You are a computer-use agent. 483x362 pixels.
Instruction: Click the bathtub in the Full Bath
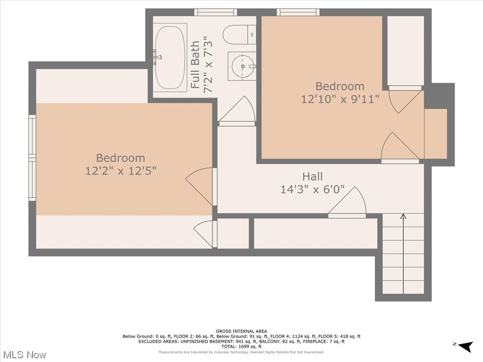coord(170,57)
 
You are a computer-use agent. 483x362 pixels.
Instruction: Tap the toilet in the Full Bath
coord(239,34)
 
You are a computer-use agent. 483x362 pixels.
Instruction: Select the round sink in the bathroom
coord(242,67)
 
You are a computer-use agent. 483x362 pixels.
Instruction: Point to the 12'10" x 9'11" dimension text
coord(340,99)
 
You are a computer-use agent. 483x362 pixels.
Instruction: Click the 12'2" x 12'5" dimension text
coord(121,170)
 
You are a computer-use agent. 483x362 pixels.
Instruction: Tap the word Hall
coord(313,177)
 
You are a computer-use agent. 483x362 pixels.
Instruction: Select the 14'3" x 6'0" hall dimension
coord(313,189)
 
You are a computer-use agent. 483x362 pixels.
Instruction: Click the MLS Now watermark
coord(25,354)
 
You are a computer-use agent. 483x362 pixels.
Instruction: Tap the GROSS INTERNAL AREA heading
coord(241,331)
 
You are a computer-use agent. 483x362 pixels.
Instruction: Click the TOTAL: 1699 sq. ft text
coord(241,346)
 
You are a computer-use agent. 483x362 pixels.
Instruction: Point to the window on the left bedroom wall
coord(32,158)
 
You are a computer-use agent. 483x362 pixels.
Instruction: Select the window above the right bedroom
coord(298,12)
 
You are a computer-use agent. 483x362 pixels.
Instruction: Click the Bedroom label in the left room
coord(121,158)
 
